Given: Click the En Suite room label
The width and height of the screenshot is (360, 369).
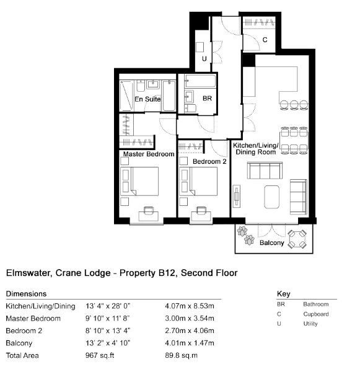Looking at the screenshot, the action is [147, 99].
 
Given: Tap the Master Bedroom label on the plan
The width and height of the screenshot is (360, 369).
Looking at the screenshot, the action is [149, 154].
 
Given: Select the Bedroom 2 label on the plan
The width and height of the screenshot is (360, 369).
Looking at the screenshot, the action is [209, 161].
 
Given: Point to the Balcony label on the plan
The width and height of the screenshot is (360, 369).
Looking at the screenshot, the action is [272, 242].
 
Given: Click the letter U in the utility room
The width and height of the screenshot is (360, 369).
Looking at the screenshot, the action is [204, 58].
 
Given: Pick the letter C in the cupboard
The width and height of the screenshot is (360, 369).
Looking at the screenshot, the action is [265, 40].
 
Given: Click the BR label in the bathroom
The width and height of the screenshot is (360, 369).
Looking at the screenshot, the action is [207, 99].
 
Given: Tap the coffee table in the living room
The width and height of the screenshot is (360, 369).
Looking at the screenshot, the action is [272, 197].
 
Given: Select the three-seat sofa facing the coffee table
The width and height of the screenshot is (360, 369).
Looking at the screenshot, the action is [265, 171].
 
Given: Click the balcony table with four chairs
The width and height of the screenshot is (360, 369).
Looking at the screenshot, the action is [297, 239].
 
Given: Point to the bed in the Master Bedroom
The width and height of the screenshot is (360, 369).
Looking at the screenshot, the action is [139, 181].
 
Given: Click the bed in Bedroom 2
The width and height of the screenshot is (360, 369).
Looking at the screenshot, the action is [198, 181].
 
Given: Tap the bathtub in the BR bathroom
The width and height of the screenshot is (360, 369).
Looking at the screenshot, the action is [200, 81].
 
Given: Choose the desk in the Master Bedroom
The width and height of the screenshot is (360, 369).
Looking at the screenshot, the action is [148, 216].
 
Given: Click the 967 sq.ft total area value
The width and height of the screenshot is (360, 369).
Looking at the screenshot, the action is [100, 355].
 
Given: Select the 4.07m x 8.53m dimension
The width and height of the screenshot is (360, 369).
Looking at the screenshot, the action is [190, 306].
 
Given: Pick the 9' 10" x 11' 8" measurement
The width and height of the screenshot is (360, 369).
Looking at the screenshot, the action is [108, 318].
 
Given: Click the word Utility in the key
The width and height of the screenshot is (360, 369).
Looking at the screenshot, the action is [310, 324].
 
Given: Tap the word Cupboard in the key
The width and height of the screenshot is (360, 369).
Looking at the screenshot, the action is [316, 314].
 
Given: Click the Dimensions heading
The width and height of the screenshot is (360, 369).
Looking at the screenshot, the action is [27, 294].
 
